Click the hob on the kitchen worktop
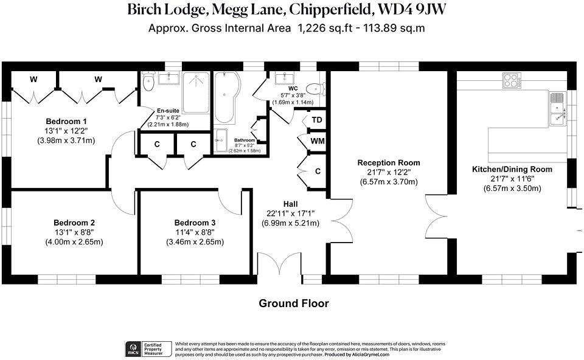pos(511,80)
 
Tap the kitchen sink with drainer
pos(558,109)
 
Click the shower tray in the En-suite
pos(196,93)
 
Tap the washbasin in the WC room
pos(284,78)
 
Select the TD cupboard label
pos(317,120)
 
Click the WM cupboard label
pos(317,141)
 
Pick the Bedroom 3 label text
pos(195,223)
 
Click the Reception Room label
pos(389,163)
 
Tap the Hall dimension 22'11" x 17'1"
pos(290,213)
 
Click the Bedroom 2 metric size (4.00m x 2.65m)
pos(74,241)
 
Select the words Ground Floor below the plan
pos(294,303)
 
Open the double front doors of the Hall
pos(280,265)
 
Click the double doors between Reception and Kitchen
pos(437,218)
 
